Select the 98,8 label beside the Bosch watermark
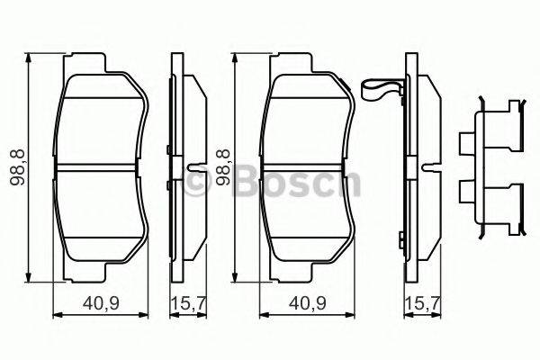220,167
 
